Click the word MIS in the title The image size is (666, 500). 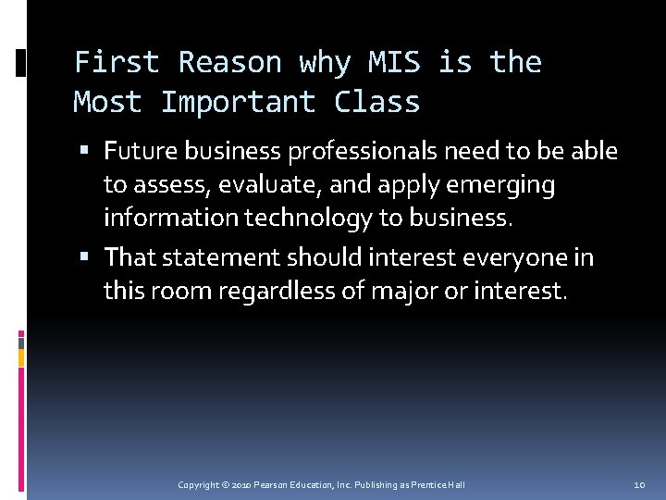(x=394, y=62)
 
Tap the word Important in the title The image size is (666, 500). (x=238, y=102)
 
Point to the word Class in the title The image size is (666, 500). (x=376, y=102)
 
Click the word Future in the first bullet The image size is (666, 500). (x=138, y=151)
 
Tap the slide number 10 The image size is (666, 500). (x=639, y=485)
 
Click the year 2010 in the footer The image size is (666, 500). (x=239, y=485)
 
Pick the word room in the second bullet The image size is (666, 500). (x=166, y=292)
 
